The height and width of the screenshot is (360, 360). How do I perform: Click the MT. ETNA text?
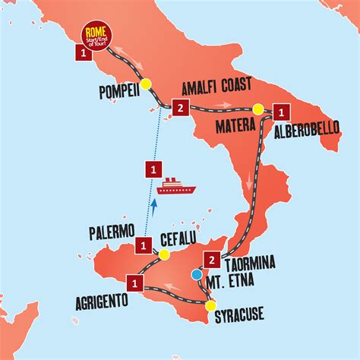tap(233, 288)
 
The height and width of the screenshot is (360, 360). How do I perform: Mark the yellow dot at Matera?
tap(258, 109)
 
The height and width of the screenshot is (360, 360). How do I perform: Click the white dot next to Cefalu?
tap(154, 253)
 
